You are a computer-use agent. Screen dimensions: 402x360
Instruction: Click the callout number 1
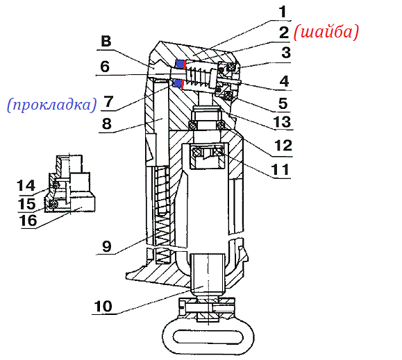(x=283, y=12)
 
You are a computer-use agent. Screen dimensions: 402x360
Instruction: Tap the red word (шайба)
(x=326, y=33)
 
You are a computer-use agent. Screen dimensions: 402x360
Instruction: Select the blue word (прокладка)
(x=52, y=105)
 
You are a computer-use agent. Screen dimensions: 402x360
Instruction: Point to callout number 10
(x=103, y=306)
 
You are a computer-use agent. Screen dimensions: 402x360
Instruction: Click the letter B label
(x=106, y=42)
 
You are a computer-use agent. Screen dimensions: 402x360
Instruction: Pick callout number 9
(x=107, y=246)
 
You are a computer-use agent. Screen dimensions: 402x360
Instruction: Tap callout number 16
(x=28, y=221)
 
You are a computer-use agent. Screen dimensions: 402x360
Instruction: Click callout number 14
(x=26, y=185)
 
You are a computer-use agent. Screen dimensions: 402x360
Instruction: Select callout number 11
(x=280, y=169)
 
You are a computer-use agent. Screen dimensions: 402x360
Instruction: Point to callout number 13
(x=282, y=121)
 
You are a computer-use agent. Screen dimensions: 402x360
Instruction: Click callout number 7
(x=108, y=102)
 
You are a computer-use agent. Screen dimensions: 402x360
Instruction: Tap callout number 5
(x=283, y=103)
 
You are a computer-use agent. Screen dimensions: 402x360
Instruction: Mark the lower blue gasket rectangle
(x=178, y=83)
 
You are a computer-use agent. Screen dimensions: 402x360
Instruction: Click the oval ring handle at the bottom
(x=208, y=336)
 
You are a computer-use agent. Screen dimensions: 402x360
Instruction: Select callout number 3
(x=286, y=53)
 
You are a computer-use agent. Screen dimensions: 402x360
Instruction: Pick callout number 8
(x=107, y=123)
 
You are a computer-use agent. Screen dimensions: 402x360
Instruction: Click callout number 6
(x=105, y=67)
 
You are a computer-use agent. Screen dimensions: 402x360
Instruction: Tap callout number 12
(x=283, y=146)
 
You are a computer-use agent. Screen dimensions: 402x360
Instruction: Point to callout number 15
(x=26, y=204)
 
